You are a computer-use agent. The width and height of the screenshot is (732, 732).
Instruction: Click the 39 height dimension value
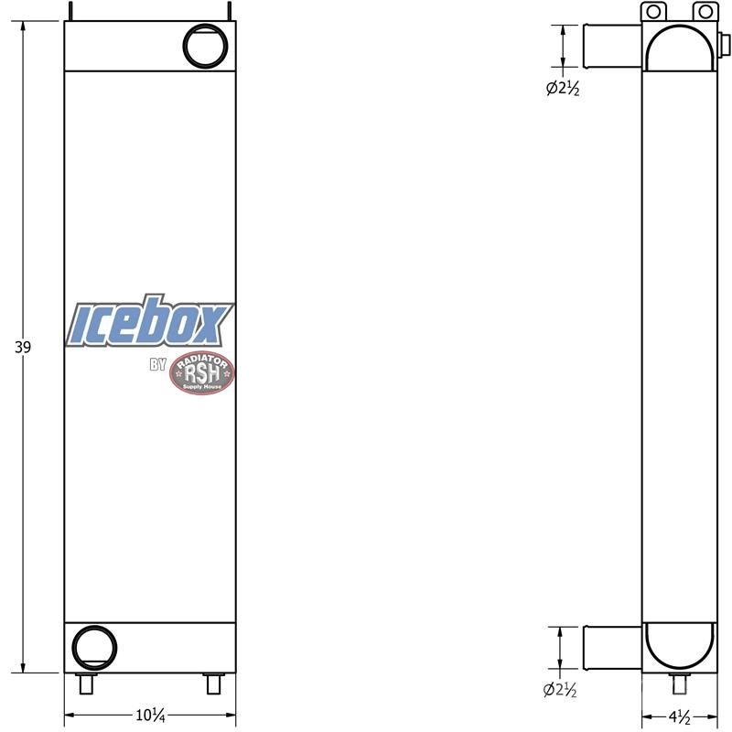pos(23,348)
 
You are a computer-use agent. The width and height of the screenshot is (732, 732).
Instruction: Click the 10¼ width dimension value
pos(150,715)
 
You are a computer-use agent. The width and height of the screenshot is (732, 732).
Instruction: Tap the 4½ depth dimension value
pos(679,716)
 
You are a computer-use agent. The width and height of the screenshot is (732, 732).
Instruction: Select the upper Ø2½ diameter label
pos(563,88)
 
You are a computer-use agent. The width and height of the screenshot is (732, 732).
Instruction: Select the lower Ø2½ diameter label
pos(560,690)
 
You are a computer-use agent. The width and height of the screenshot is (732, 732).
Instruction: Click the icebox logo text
pos(149,321)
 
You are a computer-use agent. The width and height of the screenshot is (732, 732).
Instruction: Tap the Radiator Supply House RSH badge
pos(201,372)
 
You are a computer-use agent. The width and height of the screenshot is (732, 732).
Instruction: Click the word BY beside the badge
pos(157,364)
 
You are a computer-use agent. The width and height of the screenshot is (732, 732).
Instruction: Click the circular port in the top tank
pos(205,46)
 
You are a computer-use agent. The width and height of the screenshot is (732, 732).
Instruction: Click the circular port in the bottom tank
pos(94,648)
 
